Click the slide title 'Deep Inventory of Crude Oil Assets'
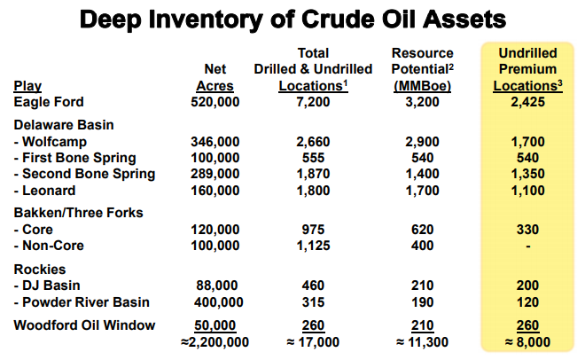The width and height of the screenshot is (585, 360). click(292, 20)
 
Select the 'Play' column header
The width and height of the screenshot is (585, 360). click(27, 86)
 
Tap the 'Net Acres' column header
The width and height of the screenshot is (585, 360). click(214, 78)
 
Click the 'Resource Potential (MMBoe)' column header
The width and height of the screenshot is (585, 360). click(422, 70)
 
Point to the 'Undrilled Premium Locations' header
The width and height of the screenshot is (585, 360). click(527, 70)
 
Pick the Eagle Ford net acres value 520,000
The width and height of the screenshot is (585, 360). click(214, 102)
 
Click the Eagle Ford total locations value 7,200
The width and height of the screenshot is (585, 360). click(313, 102)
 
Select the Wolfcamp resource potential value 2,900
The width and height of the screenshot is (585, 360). click(422, 142)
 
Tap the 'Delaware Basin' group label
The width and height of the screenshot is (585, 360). click(64, 125)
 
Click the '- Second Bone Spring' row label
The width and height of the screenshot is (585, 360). click(84, 174)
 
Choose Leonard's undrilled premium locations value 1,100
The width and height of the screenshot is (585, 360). click(527, 191)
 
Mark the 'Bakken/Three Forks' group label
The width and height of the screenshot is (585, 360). click(78, 213)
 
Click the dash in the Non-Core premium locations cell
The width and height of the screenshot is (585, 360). click(528, 247)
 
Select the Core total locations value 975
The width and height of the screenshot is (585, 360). click(313, 230)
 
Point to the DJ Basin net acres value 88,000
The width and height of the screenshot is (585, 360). click(217, 286)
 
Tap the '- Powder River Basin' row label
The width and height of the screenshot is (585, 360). click(82, 302)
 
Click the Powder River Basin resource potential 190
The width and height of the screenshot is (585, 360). click(422, 302)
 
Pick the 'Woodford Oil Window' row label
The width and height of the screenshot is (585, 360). click(84, 325)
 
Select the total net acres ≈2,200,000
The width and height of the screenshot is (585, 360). click(214, 342)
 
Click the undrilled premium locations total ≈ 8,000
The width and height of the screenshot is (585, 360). click(527, 342)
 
